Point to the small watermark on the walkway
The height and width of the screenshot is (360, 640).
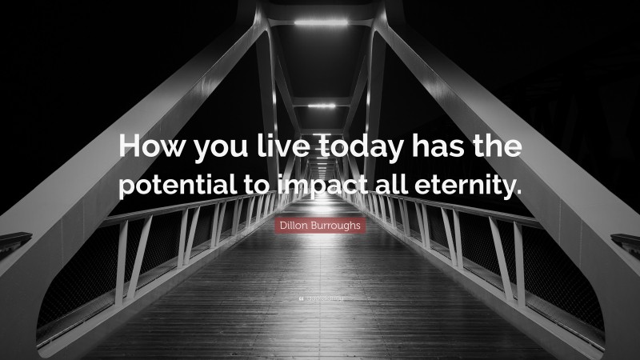pyautogui.click(x=320, y=298)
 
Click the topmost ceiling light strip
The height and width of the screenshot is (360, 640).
pyautogui.click(x=320, y=22)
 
